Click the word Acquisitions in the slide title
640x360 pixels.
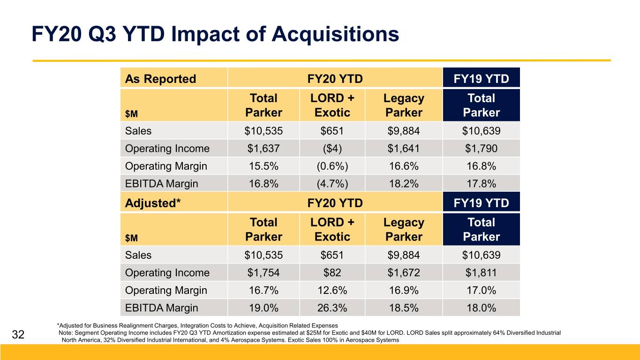point(335,35)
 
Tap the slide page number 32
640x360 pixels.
point(18,334)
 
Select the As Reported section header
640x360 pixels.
point(160,79)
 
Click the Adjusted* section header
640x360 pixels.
point(153,203)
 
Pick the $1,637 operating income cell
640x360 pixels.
point(264,148)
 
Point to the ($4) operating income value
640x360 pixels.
point(332,149)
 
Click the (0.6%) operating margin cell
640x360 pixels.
point(332,166)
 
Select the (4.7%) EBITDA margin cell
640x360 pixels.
point(332,184)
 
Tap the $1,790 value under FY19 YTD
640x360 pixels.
point(481,148)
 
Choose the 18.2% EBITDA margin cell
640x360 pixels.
point(404,183)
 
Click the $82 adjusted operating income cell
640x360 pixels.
point(332,272)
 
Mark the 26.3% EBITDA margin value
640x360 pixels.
point(332,307)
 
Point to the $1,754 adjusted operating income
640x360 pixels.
point(264,272)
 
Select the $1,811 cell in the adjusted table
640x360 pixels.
point(481,272)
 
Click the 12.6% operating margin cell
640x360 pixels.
point(332,290)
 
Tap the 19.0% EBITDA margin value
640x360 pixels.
point(264,307)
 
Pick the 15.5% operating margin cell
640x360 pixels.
point(264,166)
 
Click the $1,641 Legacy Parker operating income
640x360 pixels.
point(404,148)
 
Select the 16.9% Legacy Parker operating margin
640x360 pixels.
point(404,290)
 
